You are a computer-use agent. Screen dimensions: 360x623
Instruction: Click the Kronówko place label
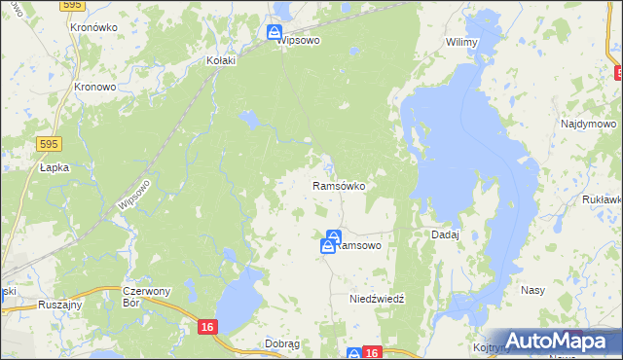(93, 28)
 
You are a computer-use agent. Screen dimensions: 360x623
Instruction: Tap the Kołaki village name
(223, 60)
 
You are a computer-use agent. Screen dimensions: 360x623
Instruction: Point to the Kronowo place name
(95, 86)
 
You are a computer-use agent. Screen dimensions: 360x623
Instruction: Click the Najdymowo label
(588, 125)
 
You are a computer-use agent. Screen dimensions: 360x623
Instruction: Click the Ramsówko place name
(338, 185)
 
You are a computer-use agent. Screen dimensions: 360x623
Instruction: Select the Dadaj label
(445, 234)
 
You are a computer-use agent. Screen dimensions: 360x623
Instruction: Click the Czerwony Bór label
(147, 296)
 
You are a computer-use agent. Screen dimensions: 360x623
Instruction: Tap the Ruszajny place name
(59, 304)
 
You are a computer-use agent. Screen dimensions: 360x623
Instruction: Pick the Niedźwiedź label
(377, 300)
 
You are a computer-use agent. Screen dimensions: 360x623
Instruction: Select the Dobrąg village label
(282, 343)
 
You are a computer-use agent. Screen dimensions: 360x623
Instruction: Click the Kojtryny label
(493, 347)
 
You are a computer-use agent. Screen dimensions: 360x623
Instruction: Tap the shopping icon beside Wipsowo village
(275, 33)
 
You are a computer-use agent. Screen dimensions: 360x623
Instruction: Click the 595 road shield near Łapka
(52, 144)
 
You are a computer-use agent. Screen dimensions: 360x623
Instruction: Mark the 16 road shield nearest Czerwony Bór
(206, 328)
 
